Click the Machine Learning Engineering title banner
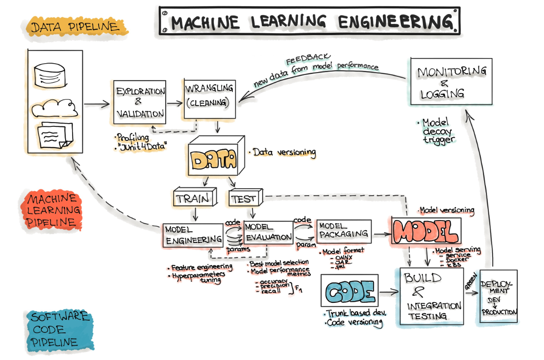point(309,21)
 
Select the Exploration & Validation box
point(140,102)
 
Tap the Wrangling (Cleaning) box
point(209,96)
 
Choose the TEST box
point(244,198)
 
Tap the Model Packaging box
point(343,230)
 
